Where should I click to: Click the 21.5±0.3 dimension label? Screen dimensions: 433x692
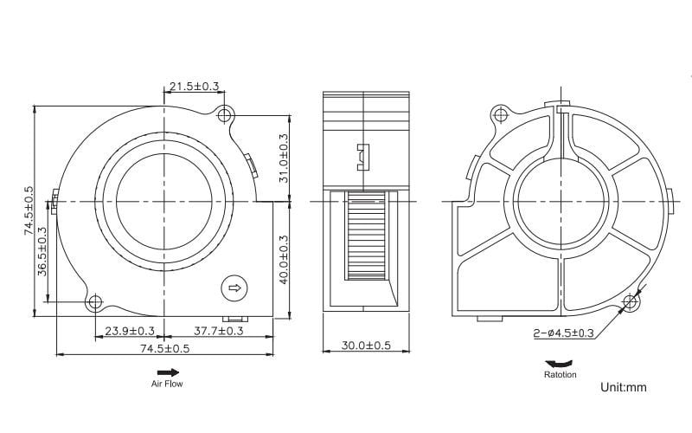point(195,87)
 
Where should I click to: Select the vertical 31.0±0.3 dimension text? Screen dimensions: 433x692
point(285,157)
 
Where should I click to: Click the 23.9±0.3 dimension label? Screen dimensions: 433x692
point(130,331)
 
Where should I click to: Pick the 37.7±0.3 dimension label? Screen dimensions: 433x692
point(218,331)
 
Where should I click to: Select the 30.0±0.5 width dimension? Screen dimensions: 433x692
point(366,345)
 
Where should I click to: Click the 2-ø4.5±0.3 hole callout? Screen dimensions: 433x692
point(564,333)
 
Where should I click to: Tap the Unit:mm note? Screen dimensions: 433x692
point(623,387)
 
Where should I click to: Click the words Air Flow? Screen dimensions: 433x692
point(168,383)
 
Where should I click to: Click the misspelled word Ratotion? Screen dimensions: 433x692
point(560,375)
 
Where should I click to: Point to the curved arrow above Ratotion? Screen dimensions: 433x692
point(558,364)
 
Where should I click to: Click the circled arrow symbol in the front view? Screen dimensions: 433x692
point(233,287)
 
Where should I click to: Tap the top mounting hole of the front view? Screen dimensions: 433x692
point(226,114)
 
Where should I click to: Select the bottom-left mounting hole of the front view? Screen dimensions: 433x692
point(94,301)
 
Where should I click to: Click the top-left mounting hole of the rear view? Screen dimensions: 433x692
point(499,114)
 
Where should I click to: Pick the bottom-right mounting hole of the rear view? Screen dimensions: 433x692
point(631,301)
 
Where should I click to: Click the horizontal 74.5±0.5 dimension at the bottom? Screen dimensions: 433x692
point(165,348)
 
